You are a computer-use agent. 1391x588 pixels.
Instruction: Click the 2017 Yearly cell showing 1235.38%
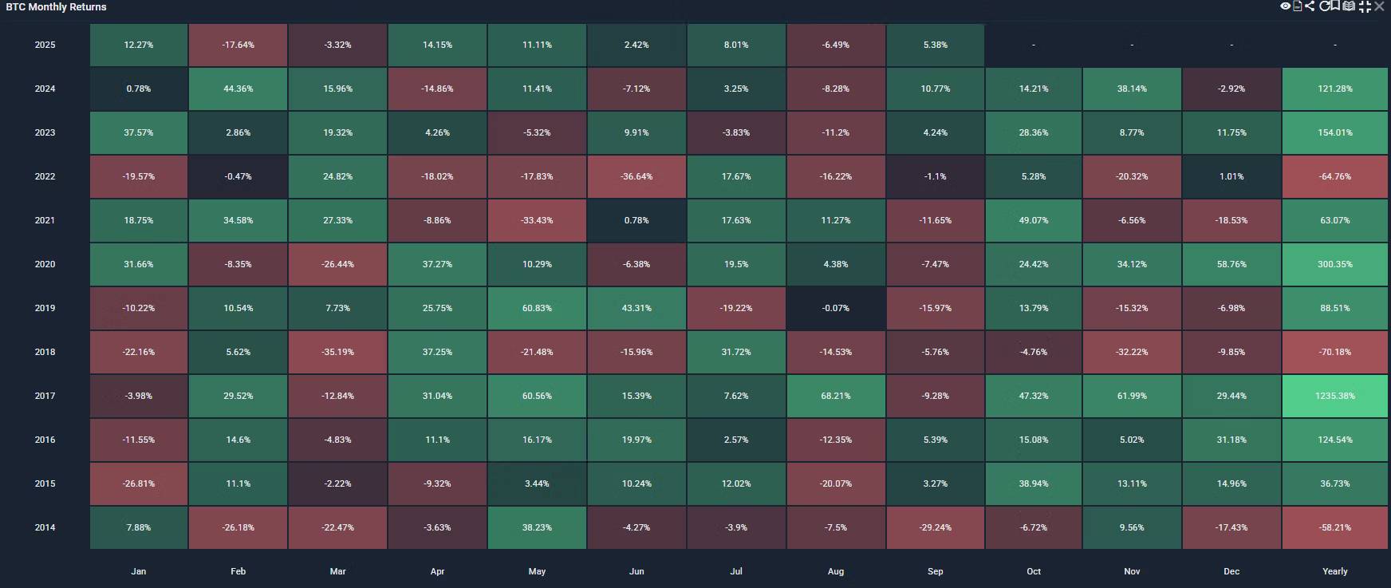coord(1334,396)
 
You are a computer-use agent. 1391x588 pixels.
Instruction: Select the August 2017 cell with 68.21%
coord(835,396)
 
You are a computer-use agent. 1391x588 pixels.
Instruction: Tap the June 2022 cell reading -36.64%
coord(636,176)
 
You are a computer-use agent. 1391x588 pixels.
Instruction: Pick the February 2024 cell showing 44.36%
coord(238,89)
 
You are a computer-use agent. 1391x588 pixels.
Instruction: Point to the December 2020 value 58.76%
coord(1231,264)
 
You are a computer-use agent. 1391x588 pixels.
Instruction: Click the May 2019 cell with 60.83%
coord(537,308)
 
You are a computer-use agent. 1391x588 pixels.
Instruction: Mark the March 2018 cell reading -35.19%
coord(337,352)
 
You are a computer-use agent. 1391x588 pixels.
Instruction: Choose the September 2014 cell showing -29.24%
coord(935,527)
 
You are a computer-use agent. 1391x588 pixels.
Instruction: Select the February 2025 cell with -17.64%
coord(238,45)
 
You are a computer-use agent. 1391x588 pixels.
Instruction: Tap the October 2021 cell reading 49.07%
coord(1033,220)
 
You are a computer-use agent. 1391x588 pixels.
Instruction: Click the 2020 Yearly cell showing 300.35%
coord(1334,264)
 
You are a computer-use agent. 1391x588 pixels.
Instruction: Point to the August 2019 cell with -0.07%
coord(835,308)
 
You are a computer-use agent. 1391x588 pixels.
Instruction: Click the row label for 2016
coord(45,440)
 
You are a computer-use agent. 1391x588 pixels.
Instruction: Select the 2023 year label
coord(45,132)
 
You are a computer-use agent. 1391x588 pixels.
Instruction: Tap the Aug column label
coord(835,571)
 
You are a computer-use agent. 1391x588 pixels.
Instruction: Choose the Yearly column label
coord(1334,571)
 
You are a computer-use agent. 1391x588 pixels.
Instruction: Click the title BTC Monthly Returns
coord(56,7)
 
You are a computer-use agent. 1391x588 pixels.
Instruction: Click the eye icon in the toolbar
coord(1285,6)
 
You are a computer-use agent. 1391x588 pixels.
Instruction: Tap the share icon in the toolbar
coord(1310,6)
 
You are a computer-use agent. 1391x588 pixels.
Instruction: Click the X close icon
coord(1380,6)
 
